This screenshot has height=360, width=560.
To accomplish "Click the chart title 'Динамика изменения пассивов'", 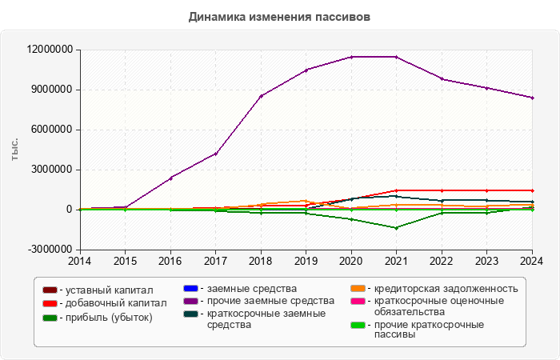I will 279,17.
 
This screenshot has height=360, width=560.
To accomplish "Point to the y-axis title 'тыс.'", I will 15,150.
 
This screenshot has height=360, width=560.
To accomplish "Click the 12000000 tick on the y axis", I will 50,50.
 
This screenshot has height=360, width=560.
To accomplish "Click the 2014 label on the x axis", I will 80,261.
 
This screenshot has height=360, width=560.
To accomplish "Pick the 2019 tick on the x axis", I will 306,261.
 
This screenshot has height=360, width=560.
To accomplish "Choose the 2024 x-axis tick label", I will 532,261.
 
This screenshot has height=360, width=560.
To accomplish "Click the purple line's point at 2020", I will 351,57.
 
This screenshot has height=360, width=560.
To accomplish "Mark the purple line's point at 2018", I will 261,96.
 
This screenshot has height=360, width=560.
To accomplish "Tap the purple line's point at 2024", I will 532,98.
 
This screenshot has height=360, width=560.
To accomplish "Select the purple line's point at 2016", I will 170,178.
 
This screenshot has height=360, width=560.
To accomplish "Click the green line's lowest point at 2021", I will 397,228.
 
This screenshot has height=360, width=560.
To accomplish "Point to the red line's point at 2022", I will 442,190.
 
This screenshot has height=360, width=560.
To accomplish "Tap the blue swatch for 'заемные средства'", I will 191,288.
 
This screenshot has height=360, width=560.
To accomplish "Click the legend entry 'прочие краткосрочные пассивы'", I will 429,330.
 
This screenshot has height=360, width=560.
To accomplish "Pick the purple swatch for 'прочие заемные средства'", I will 191,301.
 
